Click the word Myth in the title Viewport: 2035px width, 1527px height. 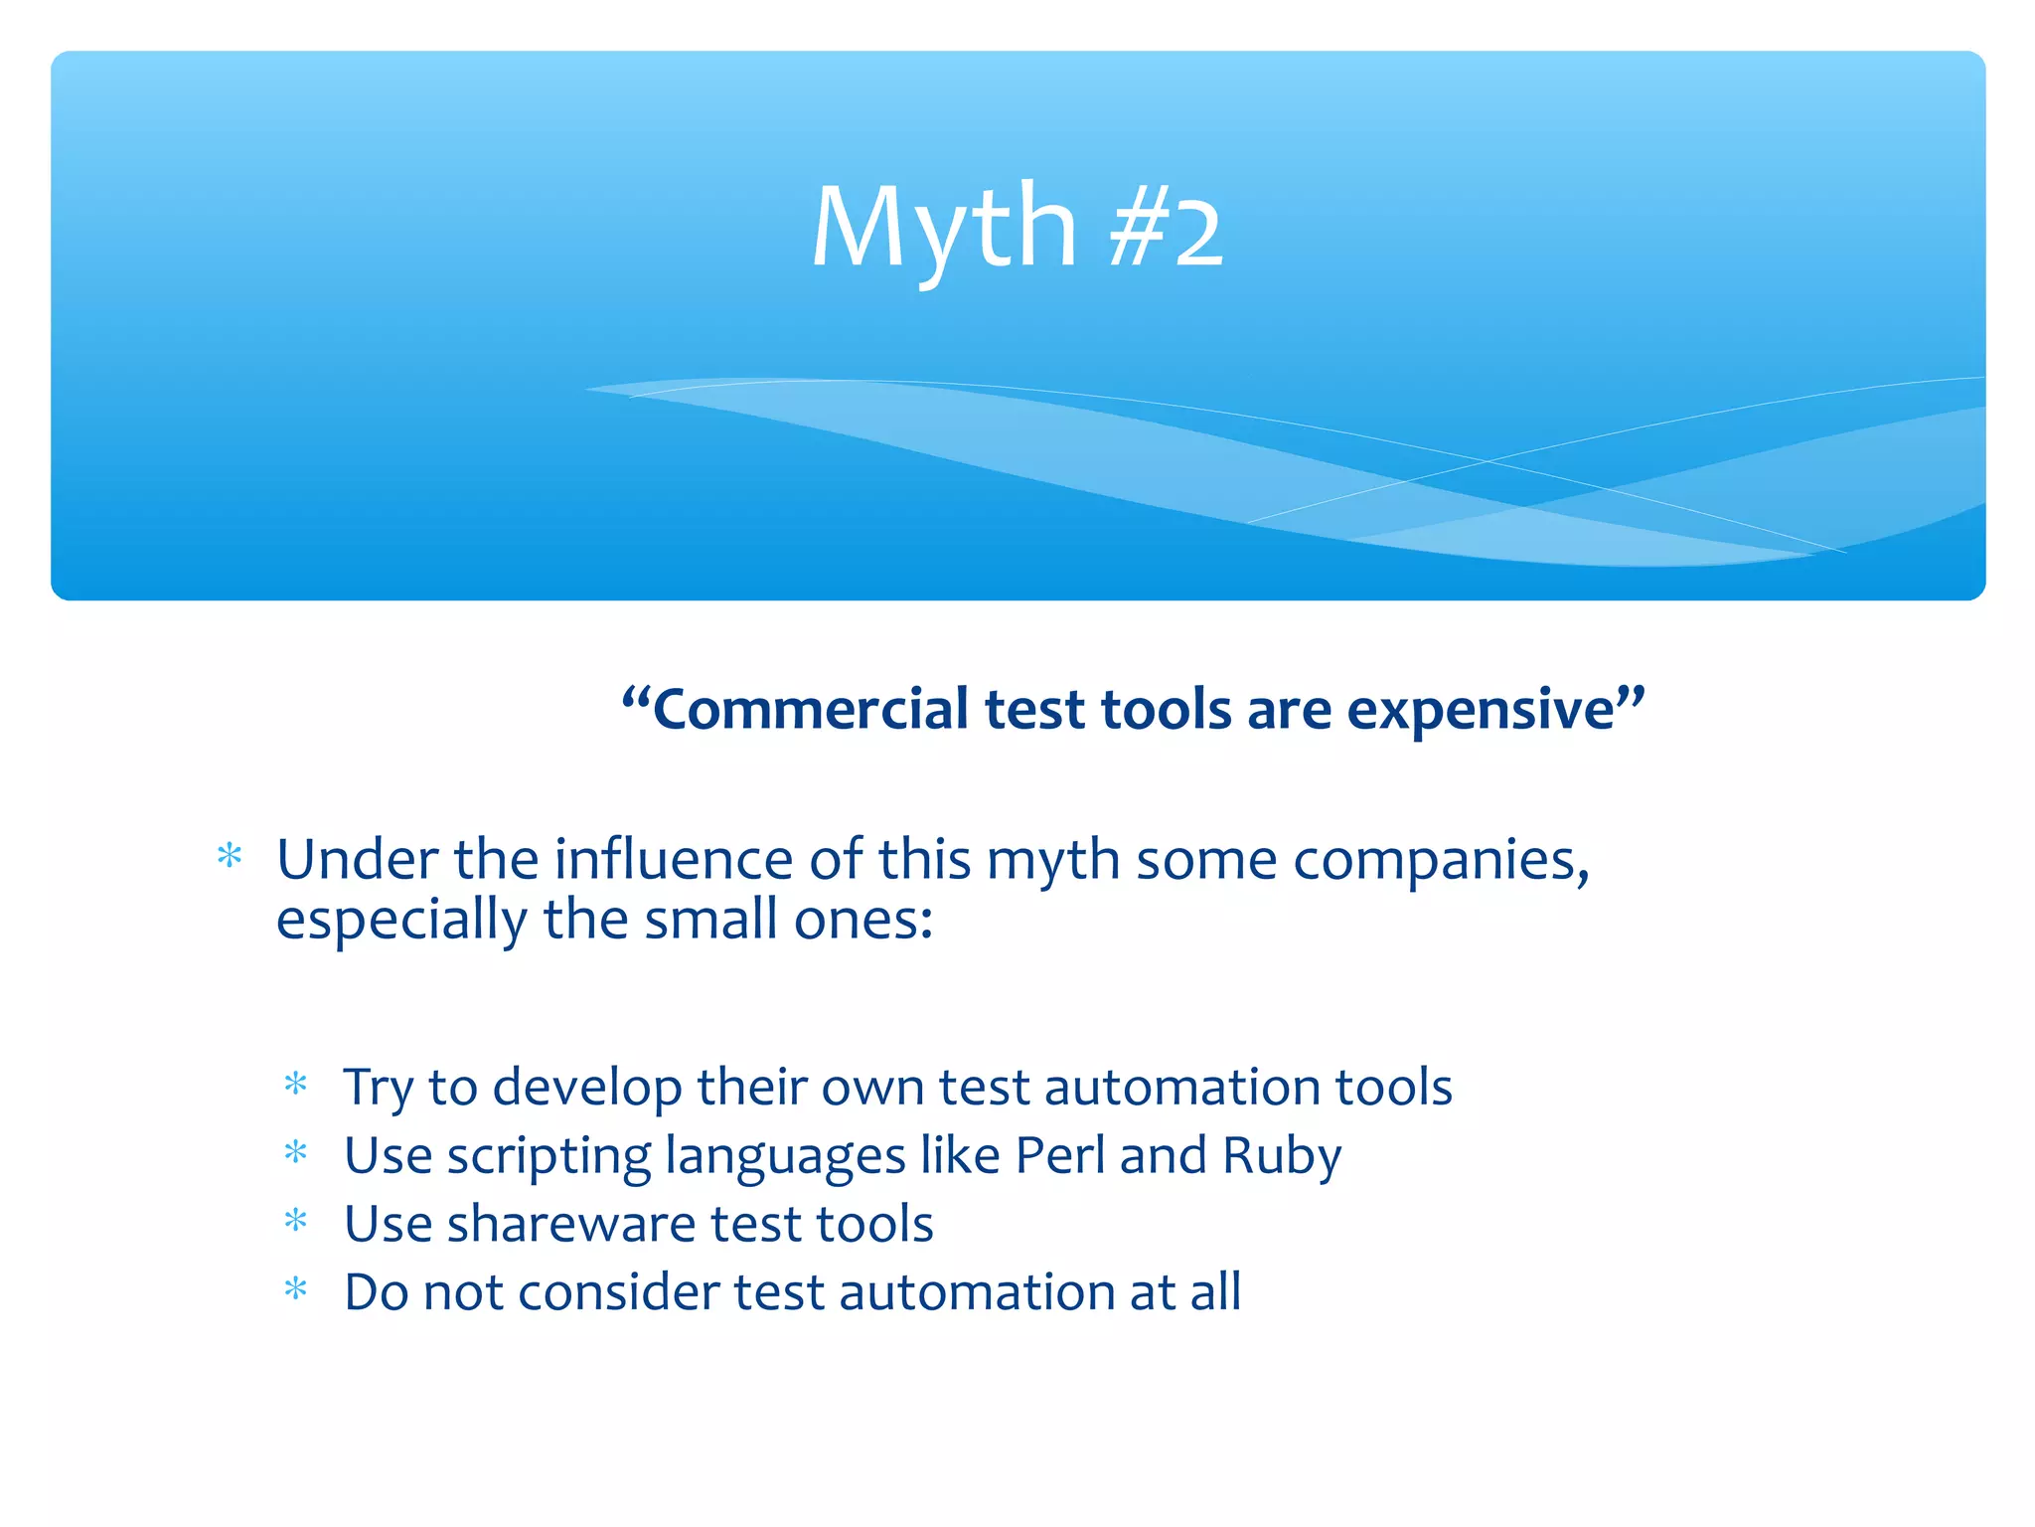coord(944,231)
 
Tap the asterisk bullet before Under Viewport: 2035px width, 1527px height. coord(230,856)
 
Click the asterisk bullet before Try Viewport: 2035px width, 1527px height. coord(296,1084)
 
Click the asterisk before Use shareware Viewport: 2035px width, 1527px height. coord(296,1221)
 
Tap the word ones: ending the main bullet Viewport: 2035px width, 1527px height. coord(862,921)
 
